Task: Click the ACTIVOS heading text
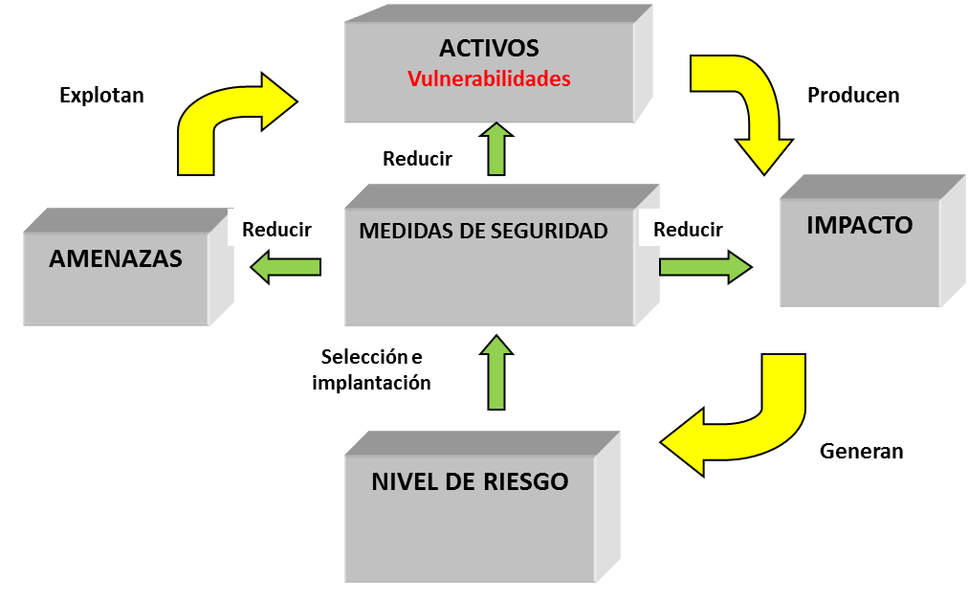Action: pyautogui.click(x=489, y=48)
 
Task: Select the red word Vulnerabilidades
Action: pyautogui.click(x=489, y=79)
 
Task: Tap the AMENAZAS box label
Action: pyautogui.click(x=115, y=258)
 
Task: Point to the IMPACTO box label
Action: pyautogui.click(x=859, y=225)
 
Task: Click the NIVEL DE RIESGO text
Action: pyautogui.click(x=470, y=481)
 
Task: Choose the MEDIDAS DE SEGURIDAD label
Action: pyautogui.click(x=483, y=231)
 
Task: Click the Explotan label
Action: pyautogui.click(x=101, y=95)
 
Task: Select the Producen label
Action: pyautogui.click(x=853, y=95)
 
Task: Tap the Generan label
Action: pyautogui.click(x=861, y=451)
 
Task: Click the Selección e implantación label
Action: pyautogui.click(x=371, y=370)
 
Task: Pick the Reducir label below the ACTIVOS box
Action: pyautogui.click(x=417, y=159)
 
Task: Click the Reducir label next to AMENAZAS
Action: pyautogui.click(x=277, y=230)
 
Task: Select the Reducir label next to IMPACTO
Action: pyautogui.click(x=688, y=230)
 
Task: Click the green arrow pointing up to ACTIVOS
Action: pyautogui.click(x=495, y=149)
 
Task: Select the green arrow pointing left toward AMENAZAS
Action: pyautogui.click(x=285, y=266)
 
